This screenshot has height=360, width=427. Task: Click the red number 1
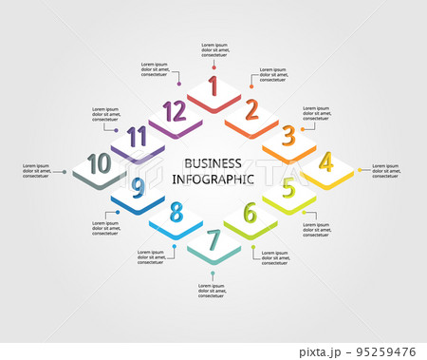click(x=213, y=86)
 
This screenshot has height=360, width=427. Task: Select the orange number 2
click(x=251, y=110)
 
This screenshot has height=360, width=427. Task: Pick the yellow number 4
click(x=326, y=161)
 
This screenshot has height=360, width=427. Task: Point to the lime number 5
click(x=288, y=188)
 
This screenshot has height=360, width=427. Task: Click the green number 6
click(x=251, y=213)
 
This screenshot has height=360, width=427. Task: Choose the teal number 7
click(x=213, y=239)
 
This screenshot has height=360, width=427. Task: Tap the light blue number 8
click(x=176, y=213)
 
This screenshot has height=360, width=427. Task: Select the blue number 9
click(x=139, y=187)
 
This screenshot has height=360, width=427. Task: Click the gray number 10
click(x=98, y=162)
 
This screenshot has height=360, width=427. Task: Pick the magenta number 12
click(x=174, y=111)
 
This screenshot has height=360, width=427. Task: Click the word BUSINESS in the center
click(x=213, y=162)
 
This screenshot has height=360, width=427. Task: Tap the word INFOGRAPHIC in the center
click(x=213, y=179)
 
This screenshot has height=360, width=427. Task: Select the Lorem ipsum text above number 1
click(x=213, y=49)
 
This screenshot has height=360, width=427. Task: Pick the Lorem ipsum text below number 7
click(x=214, y=290)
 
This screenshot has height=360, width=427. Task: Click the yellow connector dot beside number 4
click(x=360, y=171)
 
